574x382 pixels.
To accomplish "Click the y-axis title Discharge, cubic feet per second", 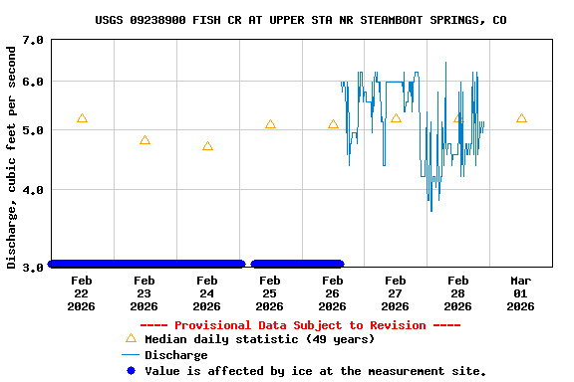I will (x=12, y=156).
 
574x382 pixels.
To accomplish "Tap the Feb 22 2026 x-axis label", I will (x=82, y=293).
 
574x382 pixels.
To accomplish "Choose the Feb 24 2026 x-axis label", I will (x=207, y=293).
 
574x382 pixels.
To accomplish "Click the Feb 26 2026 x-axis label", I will (x=333, y=293).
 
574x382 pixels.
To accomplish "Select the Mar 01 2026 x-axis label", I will (x=520, y=293).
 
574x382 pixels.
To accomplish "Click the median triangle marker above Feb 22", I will (x=82, y=118).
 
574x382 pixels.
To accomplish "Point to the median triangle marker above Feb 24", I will (x=207, y=146).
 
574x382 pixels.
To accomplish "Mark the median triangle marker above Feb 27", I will (x=396, y=118).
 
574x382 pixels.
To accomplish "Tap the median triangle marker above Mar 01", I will (x=521, y=118).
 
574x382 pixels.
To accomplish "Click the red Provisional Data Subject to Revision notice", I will (x=300, y=325).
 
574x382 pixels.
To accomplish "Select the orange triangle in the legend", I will (x=130, y=339).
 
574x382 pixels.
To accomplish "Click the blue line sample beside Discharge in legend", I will (x=130, y=355).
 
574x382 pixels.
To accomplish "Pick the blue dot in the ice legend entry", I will (x=130, y=371).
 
